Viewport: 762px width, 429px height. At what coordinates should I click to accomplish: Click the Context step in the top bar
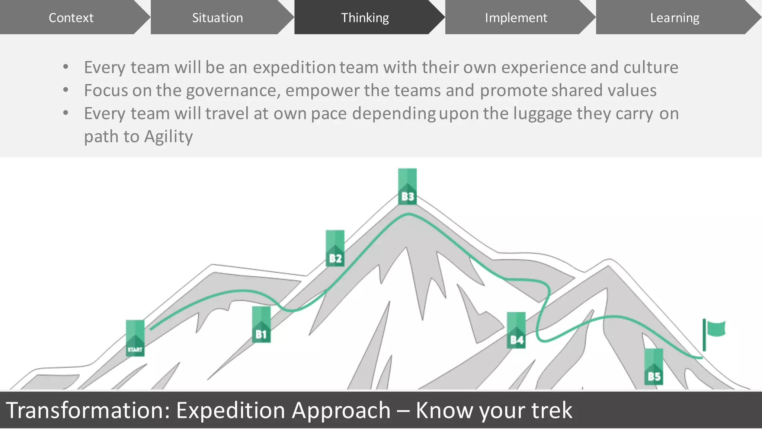click(71, 18)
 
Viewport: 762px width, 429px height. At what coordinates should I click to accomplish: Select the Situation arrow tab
click(217, 18)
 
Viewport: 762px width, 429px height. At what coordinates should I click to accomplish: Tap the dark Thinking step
click(365, 18)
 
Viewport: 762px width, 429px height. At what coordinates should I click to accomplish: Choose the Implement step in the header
click(516, 18)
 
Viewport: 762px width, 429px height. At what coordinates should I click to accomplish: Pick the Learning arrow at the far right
click(674, 18)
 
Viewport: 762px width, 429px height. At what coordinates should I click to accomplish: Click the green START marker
click(135, 338)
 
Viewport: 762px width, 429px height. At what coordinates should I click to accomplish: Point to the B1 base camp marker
click(261, 324)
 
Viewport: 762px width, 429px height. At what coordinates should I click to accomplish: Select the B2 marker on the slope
click(335, 248)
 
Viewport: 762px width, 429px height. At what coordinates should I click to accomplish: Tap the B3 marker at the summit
click(407, 186)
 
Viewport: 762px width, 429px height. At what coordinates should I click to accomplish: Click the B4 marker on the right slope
click(516, 330)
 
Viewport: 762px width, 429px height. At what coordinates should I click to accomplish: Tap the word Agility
click(168, 137)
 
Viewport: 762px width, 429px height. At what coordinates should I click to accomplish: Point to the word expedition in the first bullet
click(294, 68)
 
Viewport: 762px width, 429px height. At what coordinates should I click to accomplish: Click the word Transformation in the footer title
click(88, 410)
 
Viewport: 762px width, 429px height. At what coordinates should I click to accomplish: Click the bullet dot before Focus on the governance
click(66, 90)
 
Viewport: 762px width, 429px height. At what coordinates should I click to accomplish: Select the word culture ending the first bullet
click(651, 68)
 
